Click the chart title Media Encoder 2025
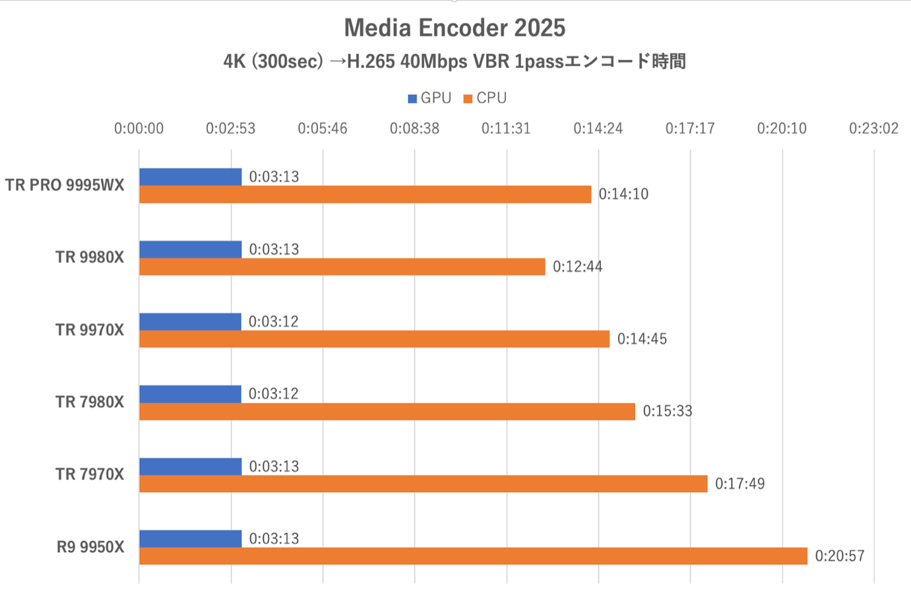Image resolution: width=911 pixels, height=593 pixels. pos(455,28)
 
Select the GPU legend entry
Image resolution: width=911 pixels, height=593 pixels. pos(429,98)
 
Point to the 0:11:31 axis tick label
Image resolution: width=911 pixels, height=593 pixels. pos(506,129)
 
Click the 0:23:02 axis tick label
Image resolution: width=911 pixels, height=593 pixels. pos(873,129)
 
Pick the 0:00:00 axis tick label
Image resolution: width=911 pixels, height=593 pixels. pos(139,129)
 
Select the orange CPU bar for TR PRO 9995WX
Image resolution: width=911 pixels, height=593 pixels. pos(365,194)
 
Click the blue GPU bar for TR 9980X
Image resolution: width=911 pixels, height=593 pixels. pos(191,249)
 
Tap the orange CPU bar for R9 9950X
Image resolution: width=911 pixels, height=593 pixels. pos(473,556)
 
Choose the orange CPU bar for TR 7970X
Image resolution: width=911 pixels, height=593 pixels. pos(423,484)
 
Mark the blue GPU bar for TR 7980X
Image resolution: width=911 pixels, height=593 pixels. pos(190,394)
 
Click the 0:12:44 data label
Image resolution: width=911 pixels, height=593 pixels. pos(577,266)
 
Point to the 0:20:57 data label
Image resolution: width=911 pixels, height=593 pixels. pos(839,556)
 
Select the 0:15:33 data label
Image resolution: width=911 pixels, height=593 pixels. pos(668,411)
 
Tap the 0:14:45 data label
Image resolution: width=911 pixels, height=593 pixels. pos(642,339)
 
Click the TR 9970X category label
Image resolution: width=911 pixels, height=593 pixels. pos(90,330)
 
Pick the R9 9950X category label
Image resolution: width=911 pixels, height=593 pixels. pos(90,547)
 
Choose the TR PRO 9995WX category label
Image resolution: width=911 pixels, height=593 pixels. pos(65,185)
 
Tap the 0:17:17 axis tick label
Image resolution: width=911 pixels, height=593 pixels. pos(690,129)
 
